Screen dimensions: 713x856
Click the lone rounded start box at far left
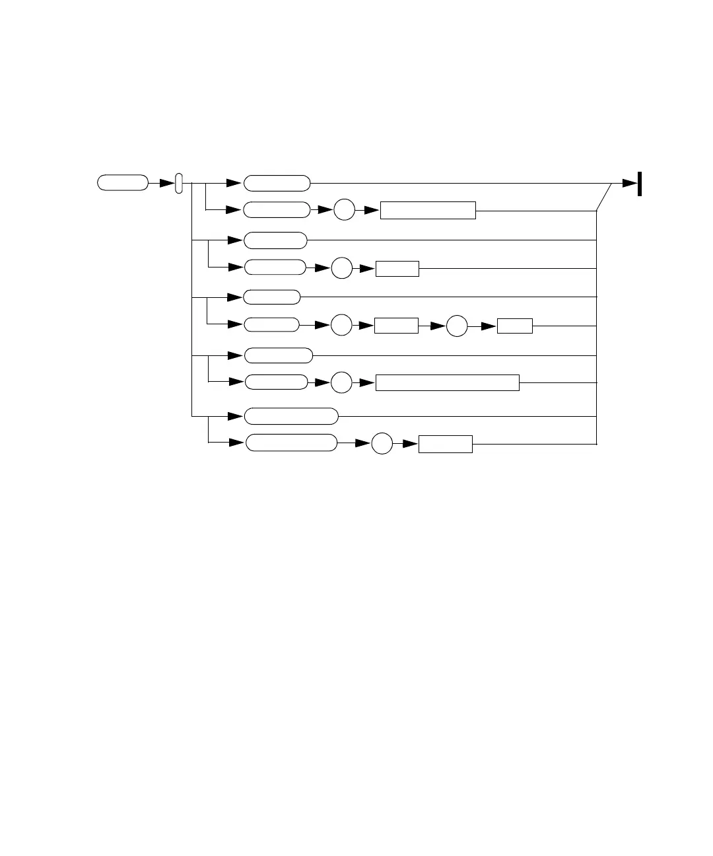(123, 183)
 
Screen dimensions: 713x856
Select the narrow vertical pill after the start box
(178, 184)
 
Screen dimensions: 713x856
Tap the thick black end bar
(640, 184)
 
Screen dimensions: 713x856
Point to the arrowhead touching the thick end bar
(630, 184)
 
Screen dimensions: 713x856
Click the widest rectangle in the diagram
(447, 382)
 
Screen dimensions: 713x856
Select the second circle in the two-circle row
(457, 326)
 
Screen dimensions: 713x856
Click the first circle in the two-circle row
(341, 326)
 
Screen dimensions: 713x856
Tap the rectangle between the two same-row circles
(396, 326)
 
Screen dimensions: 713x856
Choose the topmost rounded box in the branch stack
(277, 183)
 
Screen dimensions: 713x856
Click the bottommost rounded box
(291, 443)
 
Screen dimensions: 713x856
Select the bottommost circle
(382, 444)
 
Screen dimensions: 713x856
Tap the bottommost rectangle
(446, 444)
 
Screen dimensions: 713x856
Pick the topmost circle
(344, 211)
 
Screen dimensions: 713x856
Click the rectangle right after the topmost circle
(428, 211)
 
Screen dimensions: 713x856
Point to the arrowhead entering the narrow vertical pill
(167, 184)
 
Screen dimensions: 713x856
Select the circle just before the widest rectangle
(341, 382)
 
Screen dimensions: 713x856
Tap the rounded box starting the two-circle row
(271, 325)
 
